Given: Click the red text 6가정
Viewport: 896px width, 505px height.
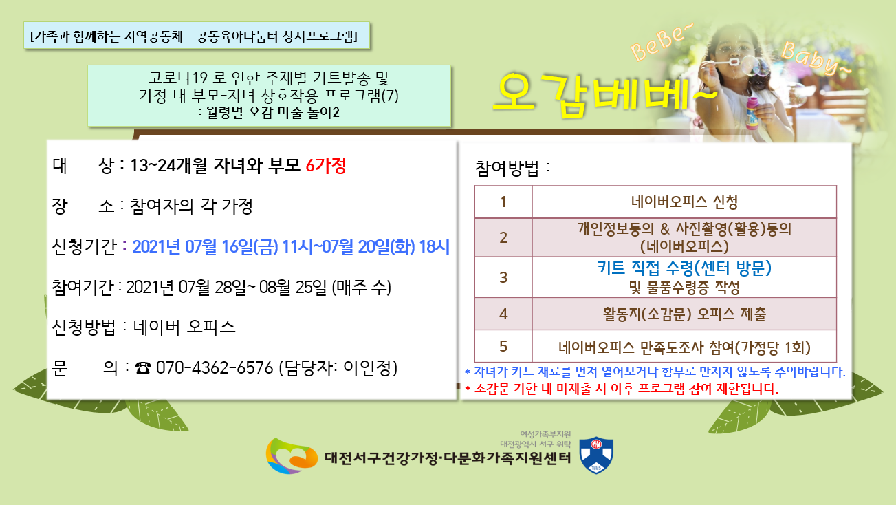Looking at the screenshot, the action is tap(326, 166).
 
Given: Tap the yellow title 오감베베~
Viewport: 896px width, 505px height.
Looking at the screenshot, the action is tap(604, 95).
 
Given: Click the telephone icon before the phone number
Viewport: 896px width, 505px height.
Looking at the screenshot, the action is tap(143, 368).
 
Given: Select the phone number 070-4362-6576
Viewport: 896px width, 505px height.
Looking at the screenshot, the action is tap(215, 368).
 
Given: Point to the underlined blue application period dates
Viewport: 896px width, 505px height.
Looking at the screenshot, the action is tap(291, 246).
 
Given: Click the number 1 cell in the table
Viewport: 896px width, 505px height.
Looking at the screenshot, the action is tap(503, 202).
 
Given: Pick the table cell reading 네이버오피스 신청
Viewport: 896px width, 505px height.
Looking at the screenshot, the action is tap(684, 202).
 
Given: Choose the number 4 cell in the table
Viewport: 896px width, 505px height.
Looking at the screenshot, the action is tap(503, 314).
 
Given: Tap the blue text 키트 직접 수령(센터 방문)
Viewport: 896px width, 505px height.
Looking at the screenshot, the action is tap(684, 268).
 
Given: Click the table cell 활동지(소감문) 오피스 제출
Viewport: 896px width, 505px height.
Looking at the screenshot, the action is tap(684, 314).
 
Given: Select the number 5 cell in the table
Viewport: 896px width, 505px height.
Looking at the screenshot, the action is tap(503, 347).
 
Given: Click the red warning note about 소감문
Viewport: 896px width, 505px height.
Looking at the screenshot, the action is tap(622, 389).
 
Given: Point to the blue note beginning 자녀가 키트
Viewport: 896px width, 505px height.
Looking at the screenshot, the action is tap(655, 372).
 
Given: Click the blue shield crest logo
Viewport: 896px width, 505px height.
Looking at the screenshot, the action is tap(596, 455).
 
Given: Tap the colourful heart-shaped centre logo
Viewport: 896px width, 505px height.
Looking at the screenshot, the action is tap(292, 455).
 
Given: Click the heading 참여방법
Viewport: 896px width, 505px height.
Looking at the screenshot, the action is tap(507, 169).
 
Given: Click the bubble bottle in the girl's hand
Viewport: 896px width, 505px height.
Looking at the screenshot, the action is tap(752, 113).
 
